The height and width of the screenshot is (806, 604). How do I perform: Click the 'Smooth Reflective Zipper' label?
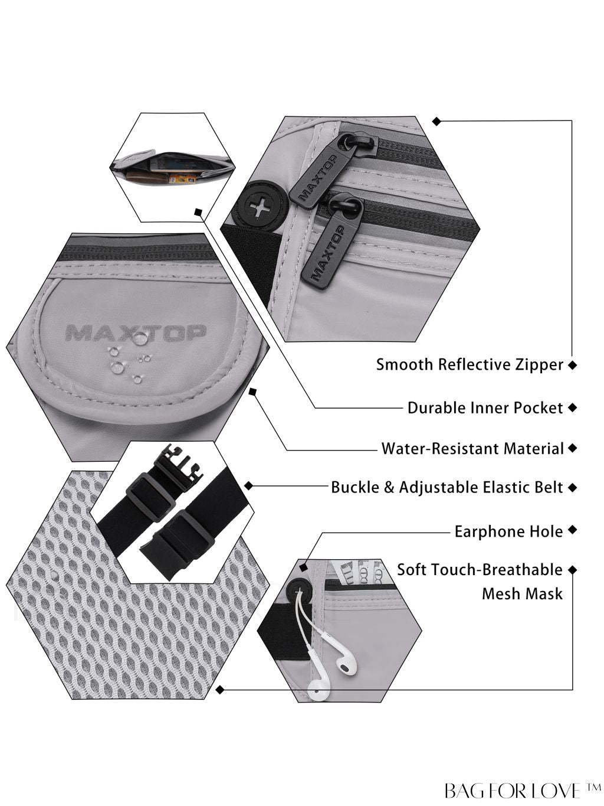[x=470, y=365]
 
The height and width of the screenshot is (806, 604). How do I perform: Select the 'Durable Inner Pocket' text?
[x=485, y=407]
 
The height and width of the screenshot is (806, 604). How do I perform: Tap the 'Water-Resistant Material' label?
[x=472, y=449]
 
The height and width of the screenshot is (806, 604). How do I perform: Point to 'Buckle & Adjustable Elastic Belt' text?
[x=447, y=488]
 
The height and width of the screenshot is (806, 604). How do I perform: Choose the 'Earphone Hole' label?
[x=508, y=531]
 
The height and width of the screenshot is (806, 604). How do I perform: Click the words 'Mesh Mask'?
[x=522, y=594]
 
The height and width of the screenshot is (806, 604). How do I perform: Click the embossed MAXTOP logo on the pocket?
[x=135, y=332]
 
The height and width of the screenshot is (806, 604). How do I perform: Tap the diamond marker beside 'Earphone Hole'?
[x=573, y=530]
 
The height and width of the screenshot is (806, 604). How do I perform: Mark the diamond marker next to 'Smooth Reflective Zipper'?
[x=573, y=365]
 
